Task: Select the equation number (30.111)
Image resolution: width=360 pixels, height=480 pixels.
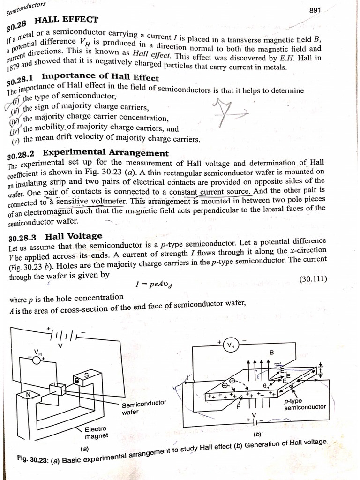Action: coord(313,279)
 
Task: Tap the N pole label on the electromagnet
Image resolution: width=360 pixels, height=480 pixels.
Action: coord(28,394)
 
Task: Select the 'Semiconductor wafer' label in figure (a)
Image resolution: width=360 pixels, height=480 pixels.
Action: coord(143,408)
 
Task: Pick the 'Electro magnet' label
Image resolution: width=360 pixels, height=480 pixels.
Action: coord(96,432)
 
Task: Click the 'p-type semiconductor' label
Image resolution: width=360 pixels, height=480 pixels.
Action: coord(305,404)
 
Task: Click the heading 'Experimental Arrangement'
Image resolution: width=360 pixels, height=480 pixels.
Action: coord(105,153)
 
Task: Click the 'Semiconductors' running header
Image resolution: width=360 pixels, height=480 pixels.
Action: coord(26,6)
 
